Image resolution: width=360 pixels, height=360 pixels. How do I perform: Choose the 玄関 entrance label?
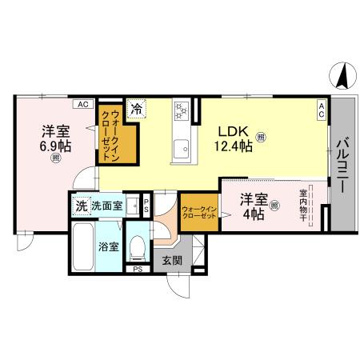point(172,260)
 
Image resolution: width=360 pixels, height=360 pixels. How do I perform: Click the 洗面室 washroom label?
point(106,206)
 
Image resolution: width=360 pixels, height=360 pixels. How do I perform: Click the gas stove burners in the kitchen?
point(181,110)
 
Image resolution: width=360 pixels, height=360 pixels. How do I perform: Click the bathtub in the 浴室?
point(83,246)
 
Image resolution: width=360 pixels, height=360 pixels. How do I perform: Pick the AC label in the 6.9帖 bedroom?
point(82,104)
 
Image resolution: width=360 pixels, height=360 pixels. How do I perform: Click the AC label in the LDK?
point(321,110)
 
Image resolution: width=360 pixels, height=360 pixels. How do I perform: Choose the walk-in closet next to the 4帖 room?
point(198,213)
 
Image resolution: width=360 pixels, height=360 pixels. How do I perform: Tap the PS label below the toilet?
point(138,269)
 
